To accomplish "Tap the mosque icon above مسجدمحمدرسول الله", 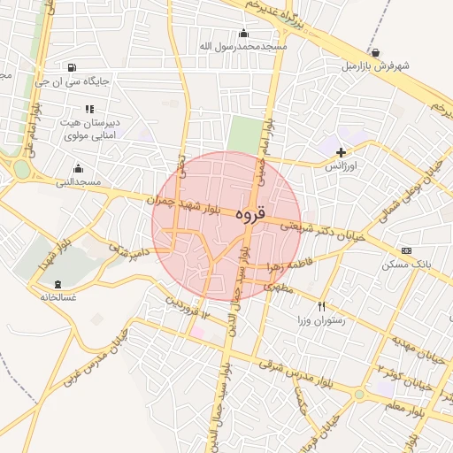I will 243,33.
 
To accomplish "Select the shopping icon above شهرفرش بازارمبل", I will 377,52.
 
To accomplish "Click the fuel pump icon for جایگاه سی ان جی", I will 72,67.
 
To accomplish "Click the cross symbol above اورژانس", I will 340,152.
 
